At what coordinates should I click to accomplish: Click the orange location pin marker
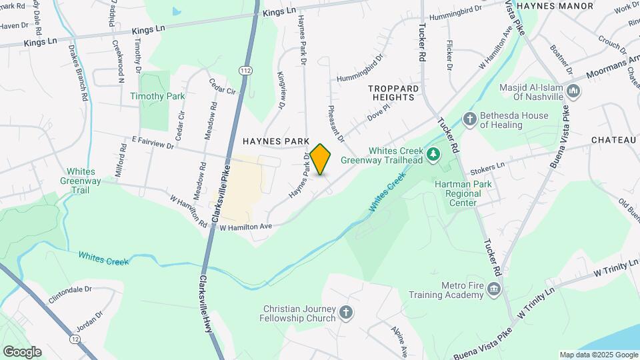pyautogui.click(x=321, y=159)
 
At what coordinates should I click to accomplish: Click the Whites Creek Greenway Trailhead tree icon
pyautogui.click(x=434, y=155)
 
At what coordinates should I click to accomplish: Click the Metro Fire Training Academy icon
pyautogui.click(x=493, y=289)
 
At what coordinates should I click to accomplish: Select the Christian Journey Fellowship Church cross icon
pyautogui.click(x=345, y=312)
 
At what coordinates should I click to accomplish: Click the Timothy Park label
pyautogui.click(x=157, y=96)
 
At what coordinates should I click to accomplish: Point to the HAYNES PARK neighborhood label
pyautogui.click(x=276, y=141)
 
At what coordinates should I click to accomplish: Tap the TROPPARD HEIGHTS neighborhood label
pyautogui.click(x=395, y=92)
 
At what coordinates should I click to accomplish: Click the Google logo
pyautogui.click(x=22, y=351)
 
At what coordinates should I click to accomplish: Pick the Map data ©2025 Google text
pyautogui.click(x=598, y=355)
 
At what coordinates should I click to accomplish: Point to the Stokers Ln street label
pyautogui.click(x=487, y=164)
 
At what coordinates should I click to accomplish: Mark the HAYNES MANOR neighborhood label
pyautogui.click(x=555, y=5)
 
